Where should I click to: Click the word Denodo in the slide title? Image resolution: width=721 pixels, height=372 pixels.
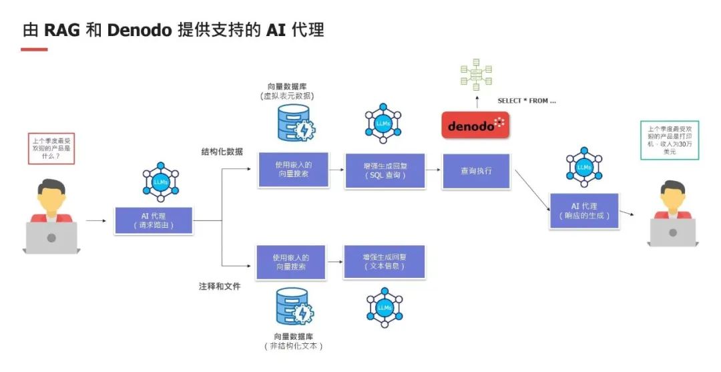[x=140, y=30]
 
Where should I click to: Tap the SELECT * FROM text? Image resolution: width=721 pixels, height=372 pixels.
[x=527, y=101]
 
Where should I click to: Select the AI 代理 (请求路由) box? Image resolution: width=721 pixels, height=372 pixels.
[x=154, y=220]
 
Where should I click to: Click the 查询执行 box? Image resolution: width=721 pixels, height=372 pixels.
[x=476, y=171]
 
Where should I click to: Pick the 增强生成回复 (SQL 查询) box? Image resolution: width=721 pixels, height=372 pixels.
[x=385, y=171]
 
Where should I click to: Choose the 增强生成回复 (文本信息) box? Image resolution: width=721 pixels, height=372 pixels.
[x=384, y=262]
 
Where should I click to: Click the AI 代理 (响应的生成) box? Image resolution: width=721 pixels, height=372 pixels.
[x=584, y=211]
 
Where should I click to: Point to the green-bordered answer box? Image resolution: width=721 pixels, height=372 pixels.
[x=670, y=140]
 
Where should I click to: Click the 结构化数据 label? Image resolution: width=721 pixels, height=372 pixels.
[x=222, y=152]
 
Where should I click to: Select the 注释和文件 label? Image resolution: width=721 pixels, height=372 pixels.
[x=220, y=286]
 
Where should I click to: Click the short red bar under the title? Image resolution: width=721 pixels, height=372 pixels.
[x=35, y=49]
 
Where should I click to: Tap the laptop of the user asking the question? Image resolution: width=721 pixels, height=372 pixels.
[x=51, y=238]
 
